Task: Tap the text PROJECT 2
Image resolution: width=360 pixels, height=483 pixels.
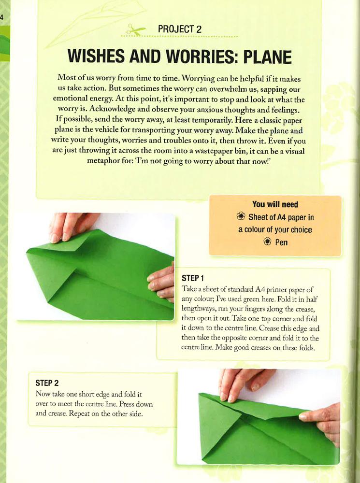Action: tap(180, 29)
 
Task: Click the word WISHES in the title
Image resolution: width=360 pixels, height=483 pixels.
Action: tap(96, 57)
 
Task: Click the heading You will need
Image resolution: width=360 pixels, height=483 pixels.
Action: tap(275, 204)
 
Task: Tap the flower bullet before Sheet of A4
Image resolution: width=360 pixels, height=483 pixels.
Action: tap(241, 216)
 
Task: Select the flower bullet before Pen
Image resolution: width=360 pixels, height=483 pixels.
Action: tap(268, 241)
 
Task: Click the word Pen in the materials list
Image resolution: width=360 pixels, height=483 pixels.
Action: tap(281, 242)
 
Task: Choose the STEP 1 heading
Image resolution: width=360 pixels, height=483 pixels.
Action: tap(193, 278)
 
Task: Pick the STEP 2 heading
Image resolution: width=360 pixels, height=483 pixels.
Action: tap(47, 383)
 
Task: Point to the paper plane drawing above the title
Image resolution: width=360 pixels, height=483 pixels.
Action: tap(96, 22)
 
